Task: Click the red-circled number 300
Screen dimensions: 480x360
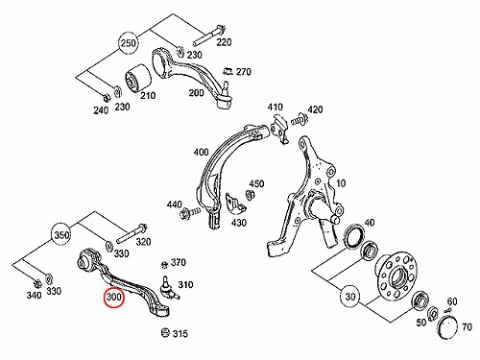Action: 114,297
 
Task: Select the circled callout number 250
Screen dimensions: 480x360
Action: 129,43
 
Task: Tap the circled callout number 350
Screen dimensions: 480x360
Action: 61,235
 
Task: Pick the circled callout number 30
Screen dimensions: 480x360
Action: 350,297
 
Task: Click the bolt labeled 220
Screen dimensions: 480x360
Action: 209,35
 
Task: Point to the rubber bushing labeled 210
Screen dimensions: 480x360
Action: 137,80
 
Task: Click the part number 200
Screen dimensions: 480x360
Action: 196,93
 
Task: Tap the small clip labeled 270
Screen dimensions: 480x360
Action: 228,71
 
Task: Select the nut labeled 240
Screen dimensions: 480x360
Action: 106,96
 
